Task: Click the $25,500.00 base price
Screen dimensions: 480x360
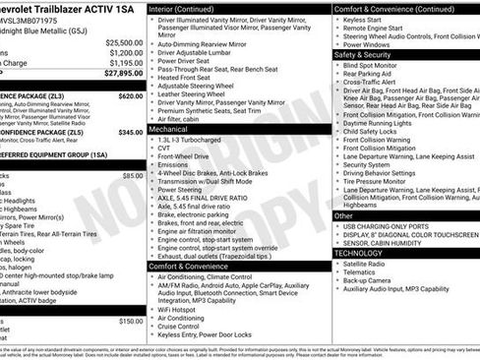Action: click(x=124, y=42)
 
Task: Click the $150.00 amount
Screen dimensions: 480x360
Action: click(x=131, y=322)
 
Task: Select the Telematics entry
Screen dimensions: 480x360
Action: click(x=364, y=272)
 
